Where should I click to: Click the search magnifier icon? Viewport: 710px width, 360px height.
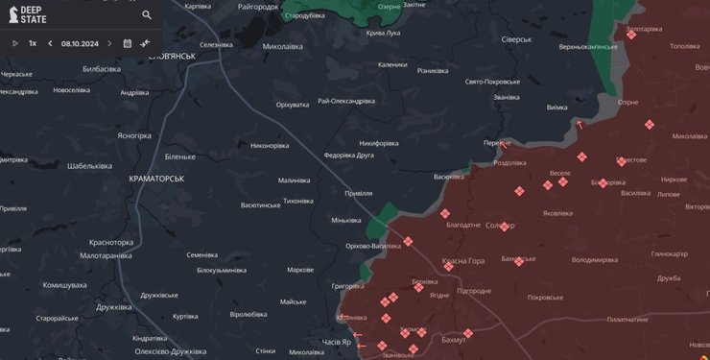[x=147, y=15]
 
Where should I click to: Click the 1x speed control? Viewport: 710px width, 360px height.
[x=33, y=43]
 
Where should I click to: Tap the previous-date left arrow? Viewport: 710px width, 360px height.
[x=50, y=43]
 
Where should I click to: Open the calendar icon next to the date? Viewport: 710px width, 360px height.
[x=127, y=43]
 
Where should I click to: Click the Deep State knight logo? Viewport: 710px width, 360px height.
[x=11, y=15]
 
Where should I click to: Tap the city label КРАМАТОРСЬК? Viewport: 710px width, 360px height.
[x=156, y=179]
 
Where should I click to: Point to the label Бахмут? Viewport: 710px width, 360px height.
[x=454, y=340]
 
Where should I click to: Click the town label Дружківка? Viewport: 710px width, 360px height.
[x=114, y=307]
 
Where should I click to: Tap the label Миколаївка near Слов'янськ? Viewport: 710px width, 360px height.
[x=282, y=45]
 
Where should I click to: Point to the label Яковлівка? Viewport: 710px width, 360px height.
[x=564, y=213]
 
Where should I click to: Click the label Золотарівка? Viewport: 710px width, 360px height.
[x=644, y=29]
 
